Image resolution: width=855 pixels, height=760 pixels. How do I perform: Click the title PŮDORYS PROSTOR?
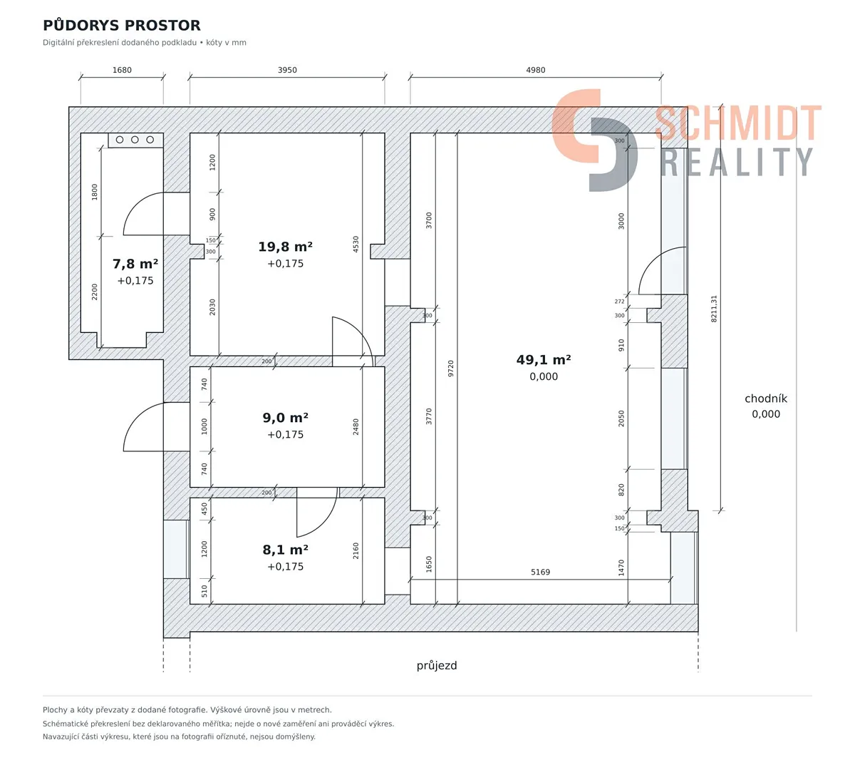coord(122,25)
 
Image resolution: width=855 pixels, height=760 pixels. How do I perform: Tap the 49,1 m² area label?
coord(544,360)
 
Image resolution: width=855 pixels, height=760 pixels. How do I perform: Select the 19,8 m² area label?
coord(285,247)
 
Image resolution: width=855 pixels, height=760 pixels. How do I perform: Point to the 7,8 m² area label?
coord(135,264)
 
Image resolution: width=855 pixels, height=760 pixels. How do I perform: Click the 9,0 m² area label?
coord(285,418)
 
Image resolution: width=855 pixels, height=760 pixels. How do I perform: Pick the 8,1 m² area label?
coord(285,550)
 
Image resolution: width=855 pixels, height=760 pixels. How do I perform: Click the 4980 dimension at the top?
coord(536,70)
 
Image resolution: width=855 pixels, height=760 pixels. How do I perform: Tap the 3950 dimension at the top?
coord(287,70)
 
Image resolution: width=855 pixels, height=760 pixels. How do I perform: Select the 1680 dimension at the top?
coord(122,70)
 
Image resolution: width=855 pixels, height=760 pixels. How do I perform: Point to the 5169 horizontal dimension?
coord(540,572)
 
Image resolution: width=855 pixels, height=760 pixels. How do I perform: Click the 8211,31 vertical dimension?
coord(714,309)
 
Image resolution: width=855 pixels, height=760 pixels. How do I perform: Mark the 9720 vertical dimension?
coord(451,368)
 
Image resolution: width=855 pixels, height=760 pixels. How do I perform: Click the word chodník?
coord(766,398)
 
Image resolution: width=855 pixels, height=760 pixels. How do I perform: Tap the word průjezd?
coord(437,666)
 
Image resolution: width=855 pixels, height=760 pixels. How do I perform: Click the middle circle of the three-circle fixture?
coord(135,139)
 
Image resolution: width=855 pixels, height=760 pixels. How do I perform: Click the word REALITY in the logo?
coord(737,162)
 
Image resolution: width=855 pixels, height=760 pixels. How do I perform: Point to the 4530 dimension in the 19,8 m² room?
coord(356,244)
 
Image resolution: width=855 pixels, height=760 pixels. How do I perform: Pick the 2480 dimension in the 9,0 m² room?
coord(356,427)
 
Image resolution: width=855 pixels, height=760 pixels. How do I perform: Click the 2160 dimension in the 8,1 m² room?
coord(356,551)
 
